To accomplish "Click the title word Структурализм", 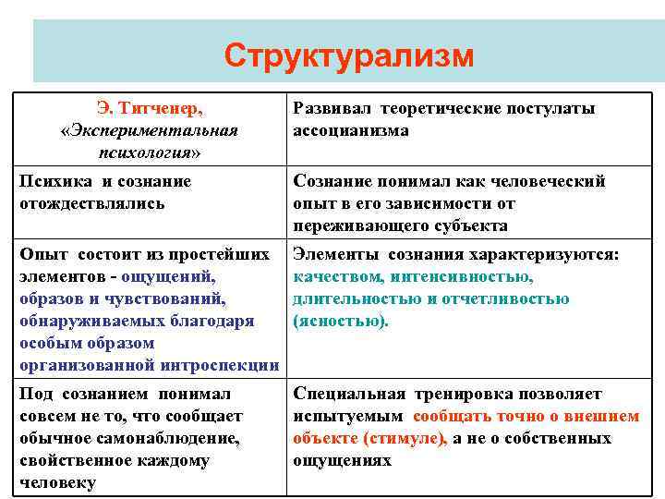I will pos(348,56).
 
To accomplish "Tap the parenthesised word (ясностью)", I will pos(341,321).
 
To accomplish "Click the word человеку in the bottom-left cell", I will pos(56,482).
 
